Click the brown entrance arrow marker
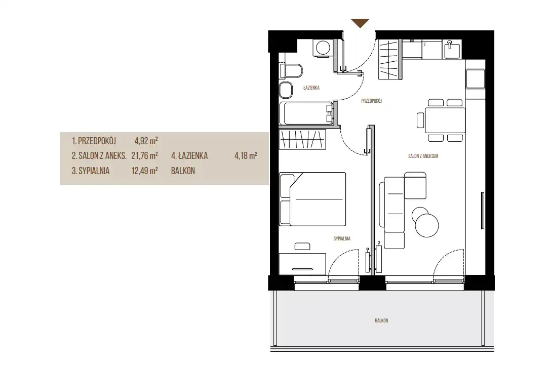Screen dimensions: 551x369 pyautogui.click(x=360, y=23)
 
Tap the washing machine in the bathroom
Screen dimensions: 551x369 pyautogui.click(x=323, y=47)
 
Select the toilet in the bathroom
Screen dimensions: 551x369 pyautogui.click(x=291, y=71)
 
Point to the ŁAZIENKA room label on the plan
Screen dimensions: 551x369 pyautogui.click(x=311, y=88)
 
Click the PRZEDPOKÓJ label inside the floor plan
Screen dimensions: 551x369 pyautogui.click(x=371, y=101)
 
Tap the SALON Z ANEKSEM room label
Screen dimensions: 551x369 pyautogui.click(x=423, y=156)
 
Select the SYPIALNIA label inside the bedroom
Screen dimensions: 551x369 pyautogui.click(x=342, y=239)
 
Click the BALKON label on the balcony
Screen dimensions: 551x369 pyautogui.click(x=381, y=320)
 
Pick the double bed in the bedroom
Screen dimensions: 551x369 pyautogui.click(x=312, y=199)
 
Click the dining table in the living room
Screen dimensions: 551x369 pyautogui.click(x=445, y=120)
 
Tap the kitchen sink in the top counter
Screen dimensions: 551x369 pyautogui.click(x=452, y=49)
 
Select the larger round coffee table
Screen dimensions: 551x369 pyautogui.click(x=427, y=225)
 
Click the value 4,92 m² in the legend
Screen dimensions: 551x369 pyautogui.click(x=146, y=141)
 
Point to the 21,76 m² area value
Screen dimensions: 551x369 pyautogui.click(x=144, y=156)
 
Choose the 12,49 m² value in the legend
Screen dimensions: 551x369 pyautogui.click(x=144, y=171)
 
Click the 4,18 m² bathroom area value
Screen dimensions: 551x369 pyautogui.click(x=246, y=156)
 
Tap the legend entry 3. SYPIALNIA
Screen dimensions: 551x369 pyautogui.click(x=91, y=171)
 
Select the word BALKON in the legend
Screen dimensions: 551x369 pyautogui.click(x=183, y=171)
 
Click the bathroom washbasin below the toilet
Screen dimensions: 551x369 pyautogui.click(x=286, y=90)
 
